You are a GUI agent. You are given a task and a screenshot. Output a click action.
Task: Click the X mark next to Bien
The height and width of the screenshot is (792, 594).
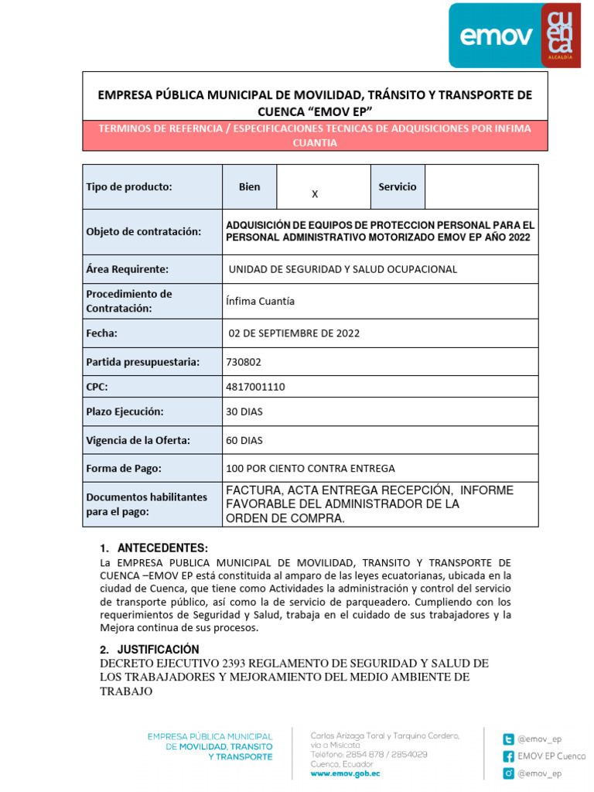(315, 194)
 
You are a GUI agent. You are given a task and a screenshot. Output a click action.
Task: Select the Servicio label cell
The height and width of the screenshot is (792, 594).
(397, 186)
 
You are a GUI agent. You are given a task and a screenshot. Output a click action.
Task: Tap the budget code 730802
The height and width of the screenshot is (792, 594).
(244, 361)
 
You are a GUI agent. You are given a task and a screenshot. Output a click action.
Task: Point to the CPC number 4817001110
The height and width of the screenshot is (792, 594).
(255, 387)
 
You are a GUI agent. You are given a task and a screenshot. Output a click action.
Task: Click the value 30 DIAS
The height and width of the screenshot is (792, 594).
(244, 411)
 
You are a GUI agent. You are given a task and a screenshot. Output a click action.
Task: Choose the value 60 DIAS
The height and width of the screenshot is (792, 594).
(244, 440)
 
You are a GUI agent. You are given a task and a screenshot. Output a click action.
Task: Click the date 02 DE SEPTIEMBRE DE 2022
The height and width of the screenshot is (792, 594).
(294, 333)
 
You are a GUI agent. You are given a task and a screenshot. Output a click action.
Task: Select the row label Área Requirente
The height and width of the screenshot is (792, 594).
(127, 269)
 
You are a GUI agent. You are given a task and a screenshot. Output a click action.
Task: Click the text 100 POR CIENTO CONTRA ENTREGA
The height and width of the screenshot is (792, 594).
(310, 468)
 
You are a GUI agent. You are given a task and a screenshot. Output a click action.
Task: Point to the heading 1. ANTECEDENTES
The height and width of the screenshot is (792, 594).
(155, 548)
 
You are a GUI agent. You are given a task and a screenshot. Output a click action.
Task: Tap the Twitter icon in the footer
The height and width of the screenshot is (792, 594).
(509, 739)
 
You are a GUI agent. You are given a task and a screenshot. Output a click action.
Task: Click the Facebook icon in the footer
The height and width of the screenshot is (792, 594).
(509, 756)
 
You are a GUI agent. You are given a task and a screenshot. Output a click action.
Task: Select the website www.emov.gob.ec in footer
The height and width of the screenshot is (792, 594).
(345, 773)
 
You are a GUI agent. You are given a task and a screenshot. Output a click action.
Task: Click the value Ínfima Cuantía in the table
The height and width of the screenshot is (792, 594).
(260, 301)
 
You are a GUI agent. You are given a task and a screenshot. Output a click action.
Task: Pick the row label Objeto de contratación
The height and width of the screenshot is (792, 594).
(143, 231)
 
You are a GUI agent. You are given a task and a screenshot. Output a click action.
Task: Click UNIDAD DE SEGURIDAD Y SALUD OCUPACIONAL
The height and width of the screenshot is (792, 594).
(343, 269)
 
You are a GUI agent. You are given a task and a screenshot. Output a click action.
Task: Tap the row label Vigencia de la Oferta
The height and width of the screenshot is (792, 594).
(138, 440)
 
